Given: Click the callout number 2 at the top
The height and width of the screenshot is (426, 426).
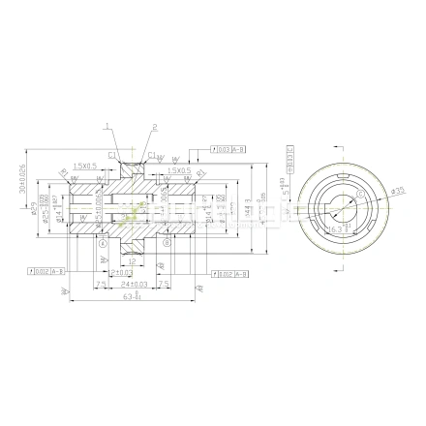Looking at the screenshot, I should pyautogui.click(x=153, y=125).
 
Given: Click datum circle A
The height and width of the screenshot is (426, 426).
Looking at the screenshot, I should pyautogui.click(x=103, y=243).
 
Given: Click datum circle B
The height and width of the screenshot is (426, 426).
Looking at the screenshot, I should pyautogui.click(x=167, y=243).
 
